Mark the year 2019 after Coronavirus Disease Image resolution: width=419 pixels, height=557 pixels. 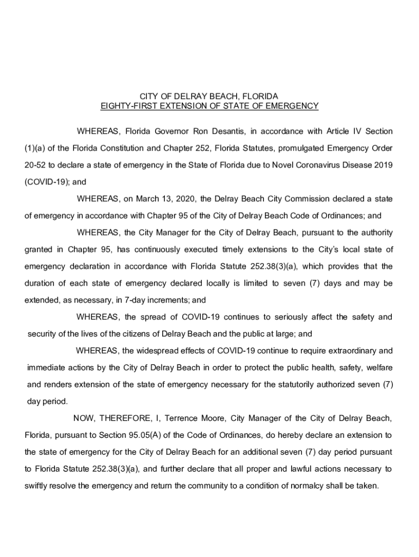382,165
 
